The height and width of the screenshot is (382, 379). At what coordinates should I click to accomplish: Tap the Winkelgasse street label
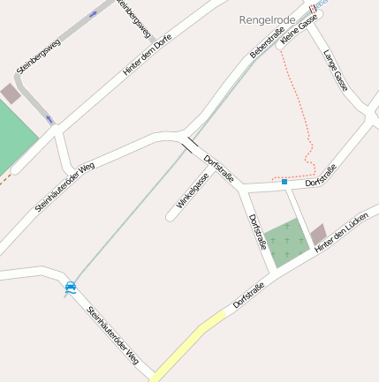pos(193,190)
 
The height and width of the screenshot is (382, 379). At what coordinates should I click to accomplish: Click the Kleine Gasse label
pos(298,33)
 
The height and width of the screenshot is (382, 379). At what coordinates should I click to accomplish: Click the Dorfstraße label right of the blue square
pos(321,175)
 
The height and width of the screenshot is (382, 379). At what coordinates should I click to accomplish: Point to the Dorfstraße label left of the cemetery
pos(257,231)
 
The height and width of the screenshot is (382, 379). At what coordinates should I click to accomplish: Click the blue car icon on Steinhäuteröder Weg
pos(70,287)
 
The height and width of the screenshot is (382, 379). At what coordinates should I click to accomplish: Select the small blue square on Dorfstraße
pos(284,182)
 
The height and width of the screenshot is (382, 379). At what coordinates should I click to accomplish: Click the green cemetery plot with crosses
pos(286,243)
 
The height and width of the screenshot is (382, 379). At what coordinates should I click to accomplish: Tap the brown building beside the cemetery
pos(318,234)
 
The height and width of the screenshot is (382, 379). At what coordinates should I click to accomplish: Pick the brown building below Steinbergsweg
pos(11,93)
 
